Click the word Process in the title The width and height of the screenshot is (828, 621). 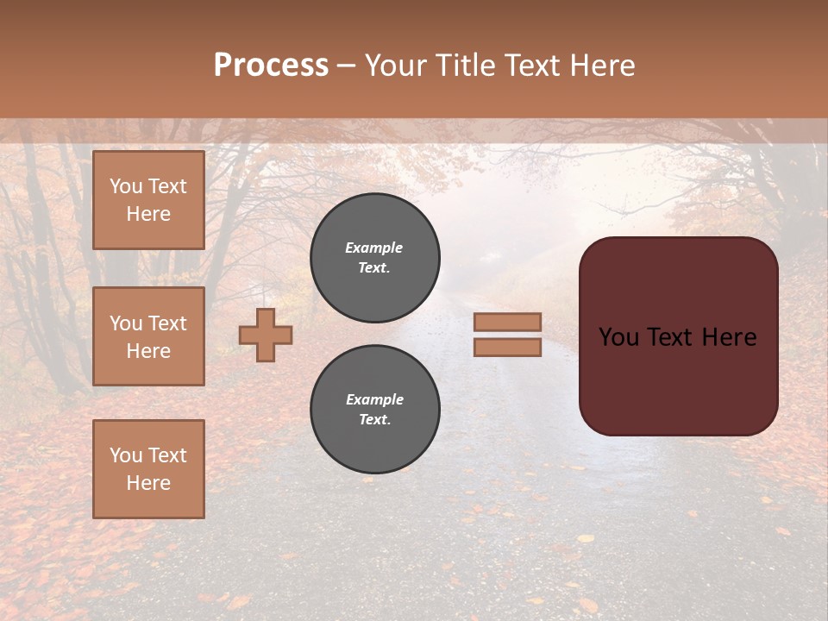tap(271, 65)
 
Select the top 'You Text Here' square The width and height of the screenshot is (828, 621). tap(148, 200)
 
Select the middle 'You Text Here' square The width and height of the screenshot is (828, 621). tap(148, 336)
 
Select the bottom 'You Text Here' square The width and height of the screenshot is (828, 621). tap(148, 469)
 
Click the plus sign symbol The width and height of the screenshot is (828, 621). tap(266, 335)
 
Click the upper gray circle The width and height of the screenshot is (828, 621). tap(375, 258)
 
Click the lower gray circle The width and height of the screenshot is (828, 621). tap(375, 410)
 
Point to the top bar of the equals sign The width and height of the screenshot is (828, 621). tap(507, 322)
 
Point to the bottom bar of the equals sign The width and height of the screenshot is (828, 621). tap(507, 348)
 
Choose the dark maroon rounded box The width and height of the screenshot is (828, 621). tap(678, 336)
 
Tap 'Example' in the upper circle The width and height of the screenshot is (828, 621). tap(374, 248)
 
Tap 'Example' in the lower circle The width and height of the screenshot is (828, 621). tap(374, 399)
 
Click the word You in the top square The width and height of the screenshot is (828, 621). tap(126, 186)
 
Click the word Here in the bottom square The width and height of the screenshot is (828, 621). tap(148, 483)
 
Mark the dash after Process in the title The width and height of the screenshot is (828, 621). tap(347, 66)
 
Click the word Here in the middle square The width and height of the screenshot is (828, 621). tap(148, 351)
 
